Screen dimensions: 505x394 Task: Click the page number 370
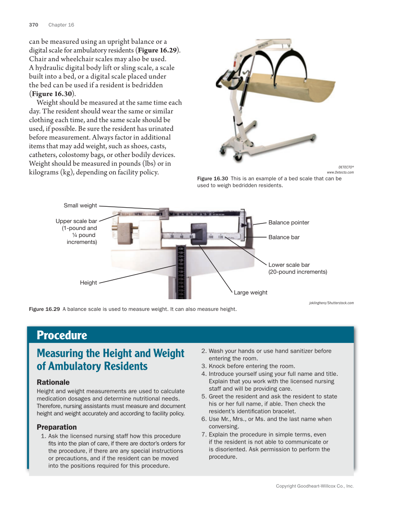33,25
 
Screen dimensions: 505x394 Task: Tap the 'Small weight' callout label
80,205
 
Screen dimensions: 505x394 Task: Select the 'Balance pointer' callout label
289,223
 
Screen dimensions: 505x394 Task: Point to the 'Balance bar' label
284,237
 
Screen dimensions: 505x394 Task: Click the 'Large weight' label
250,292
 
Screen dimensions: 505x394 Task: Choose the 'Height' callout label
88,282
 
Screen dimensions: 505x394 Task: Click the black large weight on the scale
199,231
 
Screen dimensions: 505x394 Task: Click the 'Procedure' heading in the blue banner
62,335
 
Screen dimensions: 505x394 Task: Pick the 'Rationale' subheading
53,382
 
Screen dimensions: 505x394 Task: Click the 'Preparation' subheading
57,427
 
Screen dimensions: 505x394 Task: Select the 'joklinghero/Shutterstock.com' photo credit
331,303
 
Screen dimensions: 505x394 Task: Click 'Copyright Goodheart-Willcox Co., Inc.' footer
315,486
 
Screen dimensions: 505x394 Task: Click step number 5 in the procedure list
204,396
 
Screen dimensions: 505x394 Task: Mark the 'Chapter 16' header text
61,25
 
